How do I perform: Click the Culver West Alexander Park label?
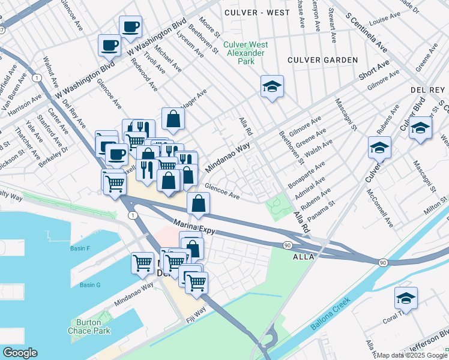tap(244, 53)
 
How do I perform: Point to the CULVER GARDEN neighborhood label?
tap(322, 60)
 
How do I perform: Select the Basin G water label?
tap(90, 284)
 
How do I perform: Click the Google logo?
tap(20, 353)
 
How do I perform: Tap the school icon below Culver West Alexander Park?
tap(272, 86)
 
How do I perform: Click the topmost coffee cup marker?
tap(130, 27)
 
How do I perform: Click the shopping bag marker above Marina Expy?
tap(198, 204)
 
